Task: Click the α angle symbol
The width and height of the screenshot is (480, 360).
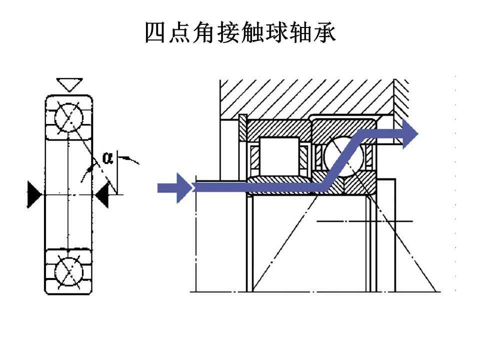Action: click(x=107, y=158)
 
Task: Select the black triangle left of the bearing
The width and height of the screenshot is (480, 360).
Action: click(x=34, y=193)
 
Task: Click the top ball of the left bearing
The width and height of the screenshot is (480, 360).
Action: click(x=68, y=118)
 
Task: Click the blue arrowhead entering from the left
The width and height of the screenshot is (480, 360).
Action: click(x=183, y=188)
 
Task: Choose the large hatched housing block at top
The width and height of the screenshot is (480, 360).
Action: click(x=305, y=97)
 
